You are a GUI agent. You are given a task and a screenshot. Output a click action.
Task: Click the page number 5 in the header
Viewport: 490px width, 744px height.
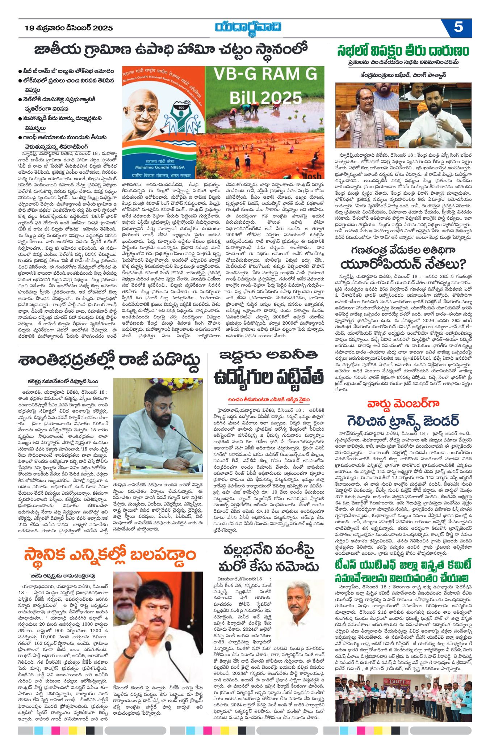(458, 28)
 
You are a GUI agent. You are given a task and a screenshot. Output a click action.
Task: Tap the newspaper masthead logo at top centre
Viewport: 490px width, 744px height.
(248, 28)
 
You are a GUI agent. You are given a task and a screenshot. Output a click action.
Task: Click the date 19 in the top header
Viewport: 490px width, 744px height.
(29, 28)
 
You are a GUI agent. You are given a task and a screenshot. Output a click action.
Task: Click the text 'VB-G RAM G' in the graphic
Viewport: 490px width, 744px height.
(265, 74)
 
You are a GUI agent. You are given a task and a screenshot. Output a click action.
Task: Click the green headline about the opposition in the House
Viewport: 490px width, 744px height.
(403, 51)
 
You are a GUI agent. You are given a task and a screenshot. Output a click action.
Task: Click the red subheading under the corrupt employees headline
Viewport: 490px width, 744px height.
(269, 400)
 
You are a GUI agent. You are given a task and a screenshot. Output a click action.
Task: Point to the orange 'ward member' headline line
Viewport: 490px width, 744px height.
(403, 404)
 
